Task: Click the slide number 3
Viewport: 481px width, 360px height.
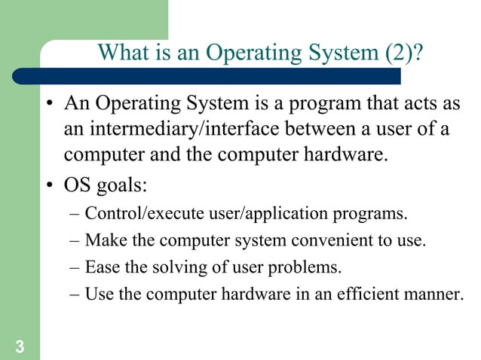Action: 17,346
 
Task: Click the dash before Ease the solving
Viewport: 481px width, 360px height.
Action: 75,267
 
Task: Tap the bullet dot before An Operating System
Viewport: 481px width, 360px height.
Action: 48,104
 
